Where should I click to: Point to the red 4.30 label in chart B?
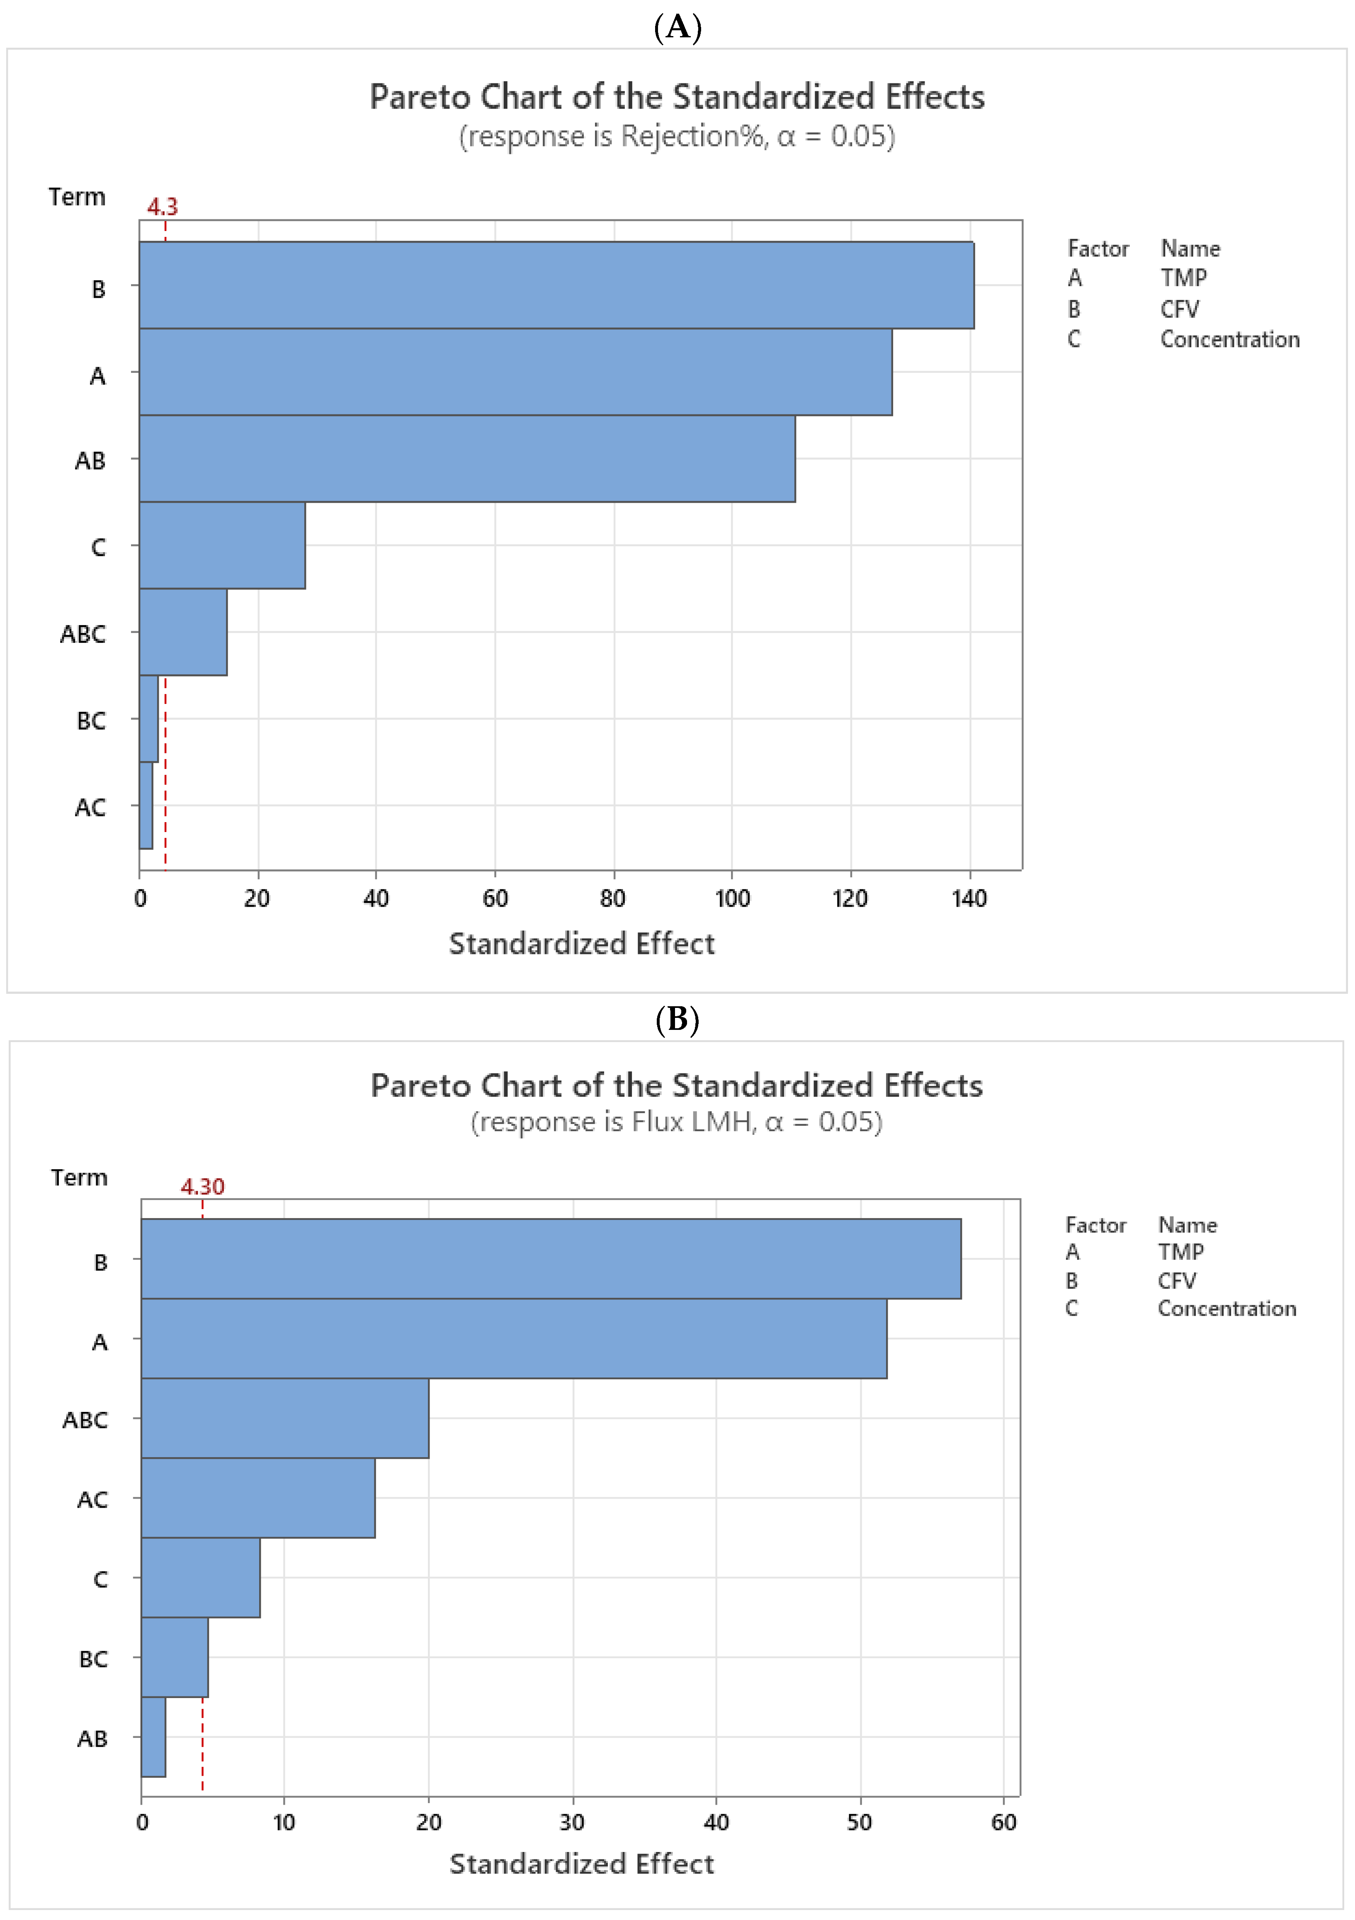202,1186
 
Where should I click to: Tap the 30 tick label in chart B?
573,1822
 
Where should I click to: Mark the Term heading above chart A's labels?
77,197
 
